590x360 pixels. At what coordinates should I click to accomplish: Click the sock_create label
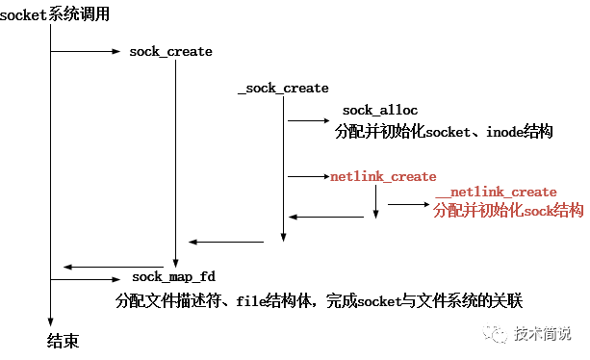[170, 51]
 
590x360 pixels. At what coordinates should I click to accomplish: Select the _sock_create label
[283, 88]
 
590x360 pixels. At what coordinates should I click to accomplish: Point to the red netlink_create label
[383, 177]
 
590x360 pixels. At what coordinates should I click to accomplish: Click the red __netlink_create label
[496, 193]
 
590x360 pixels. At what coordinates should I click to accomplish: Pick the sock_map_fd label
[174, 277]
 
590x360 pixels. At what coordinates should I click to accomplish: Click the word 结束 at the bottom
[63, 341]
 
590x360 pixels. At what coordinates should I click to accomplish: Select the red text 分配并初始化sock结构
[508, 210]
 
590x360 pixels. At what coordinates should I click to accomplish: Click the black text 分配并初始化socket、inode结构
[444, 132]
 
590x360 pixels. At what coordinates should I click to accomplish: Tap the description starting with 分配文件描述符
[318, 299]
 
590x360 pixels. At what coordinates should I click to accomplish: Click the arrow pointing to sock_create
[86, 51]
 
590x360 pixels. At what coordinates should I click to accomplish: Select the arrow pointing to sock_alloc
[308, 121]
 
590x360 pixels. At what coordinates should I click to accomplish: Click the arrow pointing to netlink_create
[308, 177]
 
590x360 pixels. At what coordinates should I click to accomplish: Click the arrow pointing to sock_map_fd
[86, 279]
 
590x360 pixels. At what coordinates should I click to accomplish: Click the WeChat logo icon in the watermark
[497, 333]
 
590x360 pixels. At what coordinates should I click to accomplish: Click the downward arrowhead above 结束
[50, 323]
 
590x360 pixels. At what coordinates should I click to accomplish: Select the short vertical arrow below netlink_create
[375, 202]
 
